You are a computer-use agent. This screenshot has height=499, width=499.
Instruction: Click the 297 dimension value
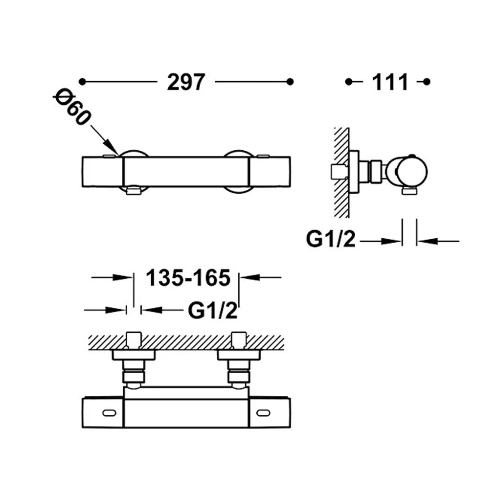click(186, 82)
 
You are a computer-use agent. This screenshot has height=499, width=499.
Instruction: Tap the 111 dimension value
click(390, 82)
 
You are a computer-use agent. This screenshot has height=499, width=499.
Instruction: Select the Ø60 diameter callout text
click(72, 108)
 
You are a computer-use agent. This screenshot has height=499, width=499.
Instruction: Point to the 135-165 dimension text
click(188, 278)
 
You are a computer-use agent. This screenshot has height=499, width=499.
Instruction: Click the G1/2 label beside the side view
click(330, 239)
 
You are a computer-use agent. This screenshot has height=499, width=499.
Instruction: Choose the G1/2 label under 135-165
click(213, 310)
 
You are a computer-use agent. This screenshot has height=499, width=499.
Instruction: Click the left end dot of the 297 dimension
click(82, 82)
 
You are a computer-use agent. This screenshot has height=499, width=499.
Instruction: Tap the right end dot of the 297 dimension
click(290, 82)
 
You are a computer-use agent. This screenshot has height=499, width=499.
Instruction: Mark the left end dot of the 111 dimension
click(348, 82)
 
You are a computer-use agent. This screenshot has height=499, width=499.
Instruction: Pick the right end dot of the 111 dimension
click(427, 82)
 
